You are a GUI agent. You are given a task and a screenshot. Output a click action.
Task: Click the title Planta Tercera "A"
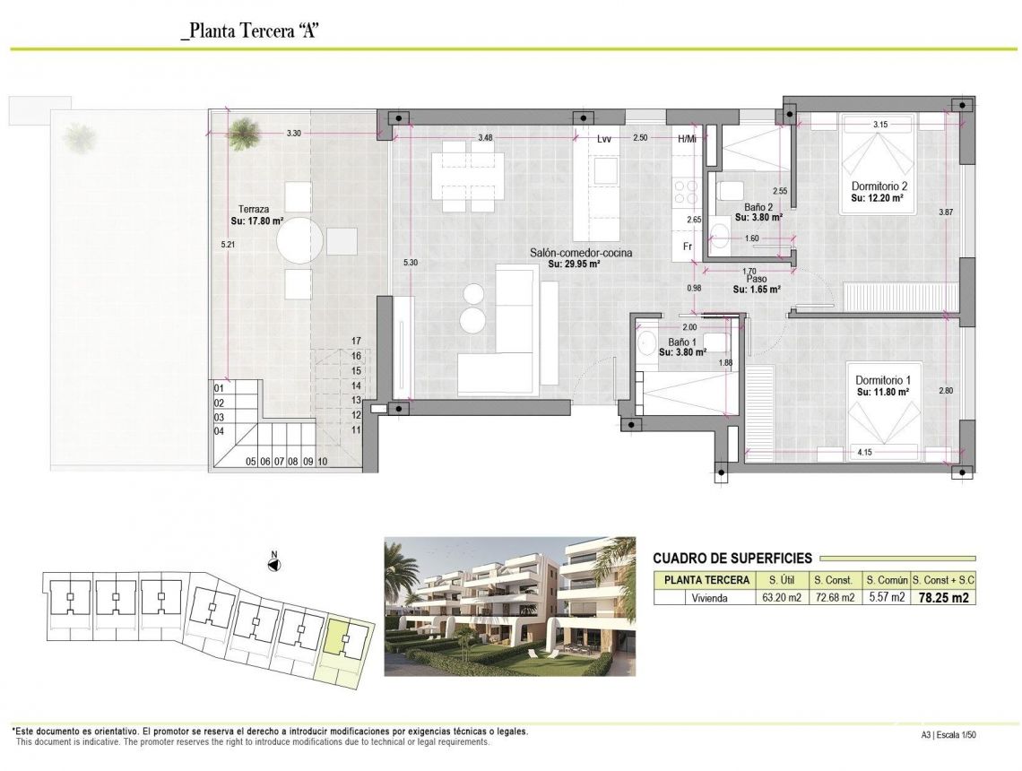pos(251,31)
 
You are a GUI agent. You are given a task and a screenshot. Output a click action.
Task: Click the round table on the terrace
pos(299,240)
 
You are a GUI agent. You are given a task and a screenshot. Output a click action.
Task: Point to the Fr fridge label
pos(688,247)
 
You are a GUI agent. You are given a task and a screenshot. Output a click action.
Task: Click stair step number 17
pos(356,342)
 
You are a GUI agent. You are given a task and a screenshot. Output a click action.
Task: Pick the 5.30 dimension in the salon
pos(411,263)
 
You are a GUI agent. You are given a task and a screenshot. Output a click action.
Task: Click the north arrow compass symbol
pos(275,564)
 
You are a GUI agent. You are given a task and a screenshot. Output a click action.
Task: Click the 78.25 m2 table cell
pos(943,598)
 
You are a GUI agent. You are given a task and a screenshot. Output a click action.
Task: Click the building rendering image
pos(509,606)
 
